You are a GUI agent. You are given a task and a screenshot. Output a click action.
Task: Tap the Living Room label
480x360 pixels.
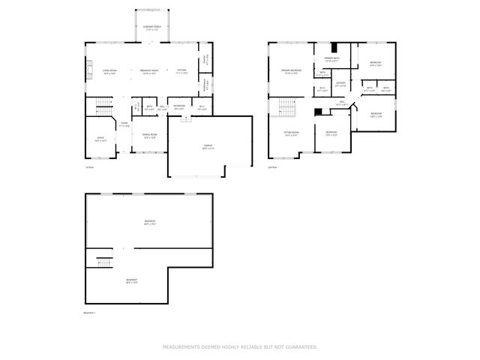tap(110, 72)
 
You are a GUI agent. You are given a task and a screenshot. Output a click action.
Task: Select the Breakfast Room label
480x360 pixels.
tap(148, 72)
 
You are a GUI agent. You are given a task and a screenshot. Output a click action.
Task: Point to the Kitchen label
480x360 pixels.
tap(182, 72)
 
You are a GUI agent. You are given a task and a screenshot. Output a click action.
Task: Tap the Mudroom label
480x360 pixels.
tap(179, 106)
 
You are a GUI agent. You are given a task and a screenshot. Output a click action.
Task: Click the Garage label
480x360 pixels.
tap(208, 148)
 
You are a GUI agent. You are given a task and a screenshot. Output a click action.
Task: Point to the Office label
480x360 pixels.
tap(100, 139)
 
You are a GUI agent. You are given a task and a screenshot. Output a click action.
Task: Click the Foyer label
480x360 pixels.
tap(124, 126)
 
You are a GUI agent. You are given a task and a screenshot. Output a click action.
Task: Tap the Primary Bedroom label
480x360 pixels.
tap(290, 72)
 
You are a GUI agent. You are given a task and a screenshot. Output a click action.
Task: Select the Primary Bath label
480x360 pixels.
tap(332, 59)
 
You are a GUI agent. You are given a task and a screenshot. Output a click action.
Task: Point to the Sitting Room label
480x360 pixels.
tap(291, 135)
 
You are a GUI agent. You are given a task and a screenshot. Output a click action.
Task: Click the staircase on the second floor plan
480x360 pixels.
tap(285, 109)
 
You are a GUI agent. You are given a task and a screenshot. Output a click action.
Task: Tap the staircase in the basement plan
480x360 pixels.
tap(103, 262)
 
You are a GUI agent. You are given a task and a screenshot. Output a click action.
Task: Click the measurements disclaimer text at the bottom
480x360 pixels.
tap(240, 347)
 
